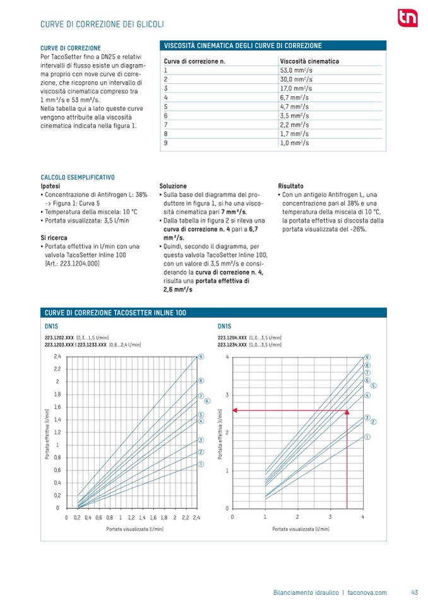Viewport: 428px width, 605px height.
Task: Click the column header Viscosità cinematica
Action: coord(309,61)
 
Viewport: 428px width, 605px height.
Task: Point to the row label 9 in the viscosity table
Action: coord(165,143)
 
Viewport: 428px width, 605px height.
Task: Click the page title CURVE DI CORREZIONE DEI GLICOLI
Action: coord(102,24)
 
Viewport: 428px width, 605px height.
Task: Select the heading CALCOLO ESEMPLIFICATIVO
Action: coord(77,178)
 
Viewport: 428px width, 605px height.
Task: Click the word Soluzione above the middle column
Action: coord(173,187)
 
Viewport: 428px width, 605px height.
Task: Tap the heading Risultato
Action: coord(290,187)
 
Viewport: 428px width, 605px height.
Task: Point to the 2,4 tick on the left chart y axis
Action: coord(57,356)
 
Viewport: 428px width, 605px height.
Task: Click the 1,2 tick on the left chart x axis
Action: coord(131,517)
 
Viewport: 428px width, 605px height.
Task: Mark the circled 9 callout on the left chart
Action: coord(201,356)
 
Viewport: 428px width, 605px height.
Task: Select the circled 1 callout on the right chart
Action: coord(367,437)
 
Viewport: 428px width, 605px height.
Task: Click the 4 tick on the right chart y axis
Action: coord(226,357)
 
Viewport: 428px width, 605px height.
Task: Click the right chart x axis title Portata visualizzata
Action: coord(301,530)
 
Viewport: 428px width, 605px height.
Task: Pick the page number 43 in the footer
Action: coord(414,592)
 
